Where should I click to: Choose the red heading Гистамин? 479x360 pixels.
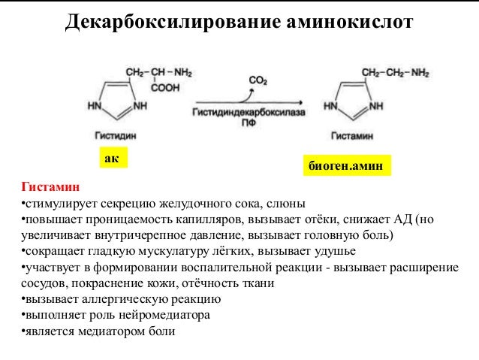(50, 186)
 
